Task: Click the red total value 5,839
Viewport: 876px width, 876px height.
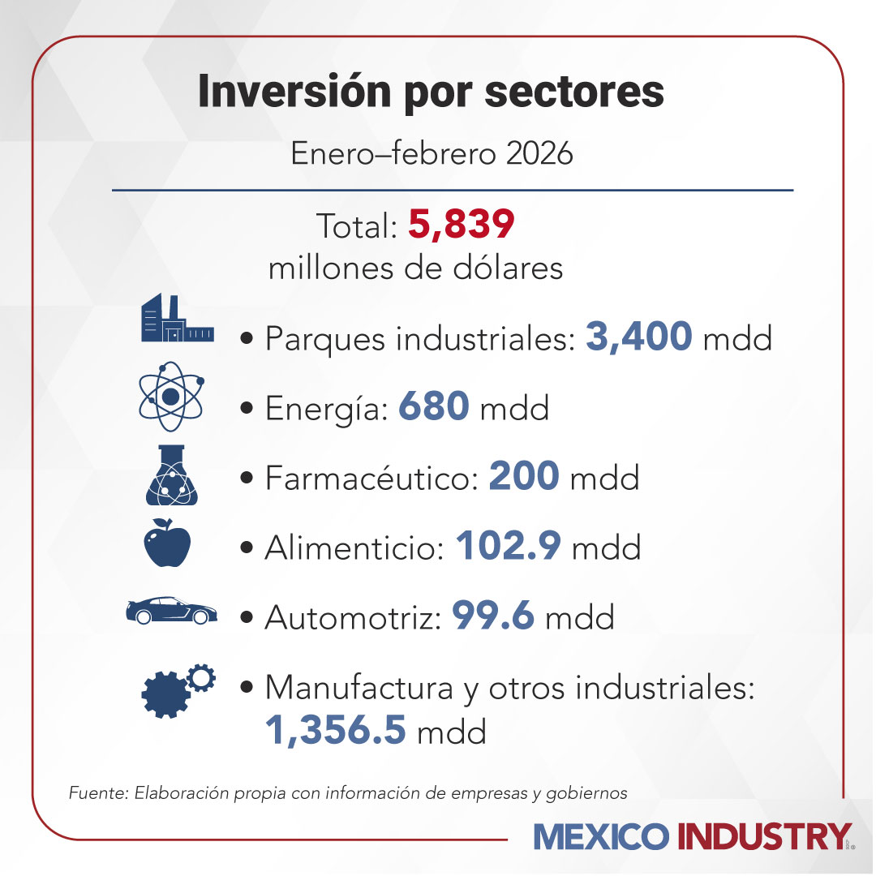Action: pyautogui.click(x=461, y=225)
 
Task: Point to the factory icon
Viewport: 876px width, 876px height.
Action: pyautogui.click(x=177, y=318)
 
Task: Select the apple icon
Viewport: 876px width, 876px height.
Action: pyautogui.click(x=167, y=541)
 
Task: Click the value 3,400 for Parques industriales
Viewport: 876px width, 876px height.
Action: pyautogui.click(x=638, y=337)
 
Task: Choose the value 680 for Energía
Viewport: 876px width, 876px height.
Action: pyautogui.click(x=434, y=407)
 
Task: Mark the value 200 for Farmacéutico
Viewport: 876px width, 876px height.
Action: pyautogui.click(x=524, y=477)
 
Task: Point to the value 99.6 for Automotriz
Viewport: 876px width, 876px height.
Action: pyautogui.click(x=493, y=616)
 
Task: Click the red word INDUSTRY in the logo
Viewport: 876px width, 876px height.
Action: pyautogui.click(x=763, y=836)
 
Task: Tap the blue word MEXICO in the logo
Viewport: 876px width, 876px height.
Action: pyautogui.click(x=602, y=836)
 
